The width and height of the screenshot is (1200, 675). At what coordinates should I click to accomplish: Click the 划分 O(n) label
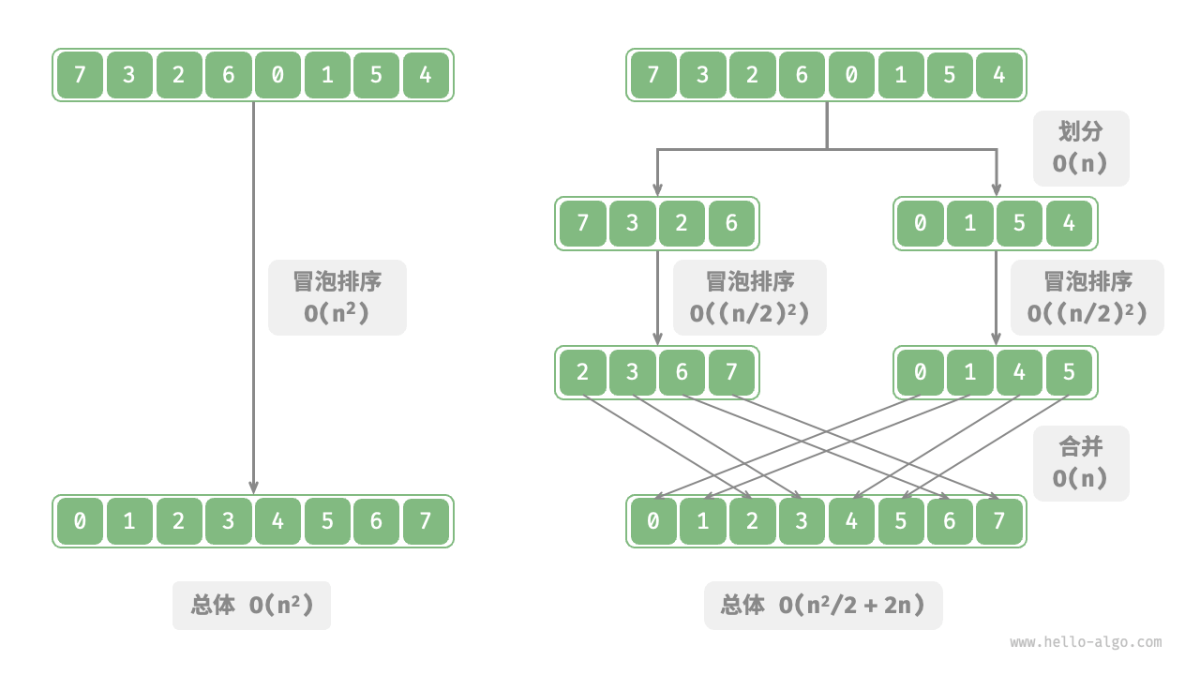[1080, 148]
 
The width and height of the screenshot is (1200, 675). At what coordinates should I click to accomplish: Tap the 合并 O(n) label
[1080, 463]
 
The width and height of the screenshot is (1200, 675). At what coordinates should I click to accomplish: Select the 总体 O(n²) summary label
[251, 605]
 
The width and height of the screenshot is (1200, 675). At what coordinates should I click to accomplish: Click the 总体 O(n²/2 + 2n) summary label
[822, 605]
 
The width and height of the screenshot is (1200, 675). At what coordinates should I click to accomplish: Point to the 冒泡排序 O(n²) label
[337, 297]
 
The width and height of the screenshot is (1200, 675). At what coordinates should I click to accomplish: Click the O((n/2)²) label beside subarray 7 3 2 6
[749, 297]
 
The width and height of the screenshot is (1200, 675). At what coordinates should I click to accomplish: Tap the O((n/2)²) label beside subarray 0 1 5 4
[1087, 297]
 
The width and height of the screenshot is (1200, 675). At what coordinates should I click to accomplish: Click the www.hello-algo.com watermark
[1085, 642]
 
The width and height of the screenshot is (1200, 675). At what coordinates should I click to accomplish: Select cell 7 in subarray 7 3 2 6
[583, 223]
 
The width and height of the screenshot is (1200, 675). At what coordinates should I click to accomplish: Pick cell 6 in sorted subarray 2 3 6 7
[682, 372]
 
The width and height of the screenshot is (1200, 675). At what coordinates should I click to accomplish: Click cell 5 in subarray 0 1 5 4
[1019, 223]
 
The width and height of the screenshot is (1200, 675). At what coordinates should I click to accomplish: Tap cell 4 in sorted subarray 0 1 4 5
[1019, 372]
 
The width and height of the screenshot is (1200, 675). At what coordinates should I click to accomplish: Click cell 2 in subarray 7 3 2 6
[682, 223]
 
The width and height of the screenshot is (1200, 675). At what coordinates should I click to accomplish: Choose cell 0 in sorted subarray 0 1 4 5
[920, 372]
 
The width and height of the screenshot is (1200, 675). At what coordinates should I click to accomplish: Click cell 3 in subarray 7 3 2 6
[632, 223]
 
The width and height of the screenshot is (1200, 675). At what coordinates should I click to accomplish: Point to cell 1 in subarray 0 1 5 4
[969, 223]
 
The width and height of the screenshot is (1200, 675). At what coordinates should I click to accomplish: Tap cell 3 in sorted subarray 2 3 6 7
[632, 372]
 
